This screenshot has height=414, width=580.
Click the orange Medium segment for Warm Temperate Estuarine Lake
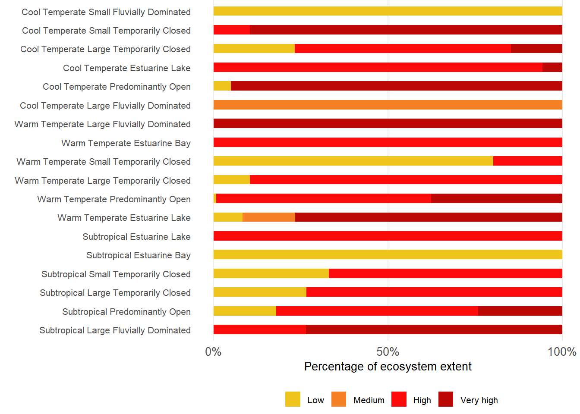point(269,217)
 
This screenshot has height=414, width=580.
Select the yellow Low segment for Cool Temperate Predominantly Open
point(222,86)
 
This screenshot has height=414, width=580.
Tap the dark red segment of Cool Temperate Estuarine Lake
point(552,67)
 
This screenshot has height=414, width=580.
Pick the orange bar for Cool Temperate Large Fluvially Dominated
point(388,105)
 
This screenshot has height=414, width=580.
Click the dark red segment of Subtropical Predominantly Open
point(520,311)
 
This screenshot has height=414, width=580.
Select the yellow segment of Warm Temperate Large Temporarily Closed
point(232,180)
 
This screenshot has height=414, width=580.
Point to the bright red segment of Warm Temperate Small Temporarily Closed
point(527,161)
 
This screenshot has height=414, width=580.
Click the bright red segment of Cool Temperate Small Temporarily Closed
point(232,30)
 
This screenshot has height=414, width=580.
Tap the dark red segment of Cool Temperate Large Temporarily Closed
point(536,48)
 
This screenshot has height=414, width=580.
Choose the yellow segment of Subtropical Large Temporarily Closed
point(260,292)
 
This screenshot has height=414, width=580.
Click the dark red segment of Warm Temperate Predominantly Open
point(496,198)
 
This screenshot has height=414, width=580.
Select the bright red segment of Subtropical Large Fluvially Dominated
point(260,329)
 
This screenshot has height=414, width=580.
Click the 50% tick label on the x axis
point(388,352)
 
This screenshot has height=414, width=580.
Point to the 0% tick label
point(213,352)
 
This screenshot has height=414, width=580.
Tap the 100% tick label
point(562,352)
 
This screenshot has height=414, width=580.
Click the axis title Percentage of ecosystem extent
point(388,367)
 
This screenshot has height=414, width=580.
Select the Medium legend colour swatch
point(339,399)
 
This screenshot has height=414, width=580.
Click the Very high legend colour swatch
point(446,399)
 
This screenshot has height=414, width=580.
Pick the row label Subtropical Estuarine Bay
point(138,255)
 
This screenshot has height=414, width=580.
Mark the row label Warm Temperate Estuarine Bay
point(126,143)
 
